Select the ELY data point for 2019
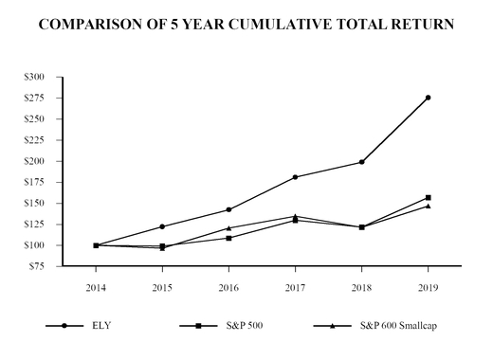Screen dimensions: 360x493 tap(428, 98)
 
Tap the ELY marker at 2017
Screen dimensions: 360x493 tap(296, 177)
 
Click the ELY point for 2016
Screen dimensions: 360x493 tap(229, 209)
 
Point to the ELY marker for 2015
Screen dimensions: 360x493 tap(162, 226)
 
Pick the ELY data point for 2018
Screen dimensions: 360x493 tap(361, 162)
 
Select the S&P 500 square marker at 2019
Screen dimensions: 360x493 tap(428, 197)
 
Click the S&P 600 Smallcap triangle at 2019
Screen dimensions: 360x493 tap(428, 206)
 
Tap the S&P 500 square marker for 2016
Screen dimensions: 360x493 tap(229, 238)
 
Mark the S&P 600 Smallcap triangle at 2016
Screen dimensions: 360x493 tap(229, 227)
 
